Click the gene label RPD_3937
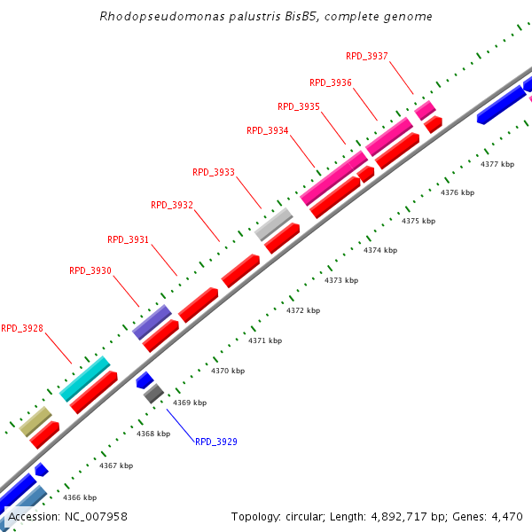(366, 56)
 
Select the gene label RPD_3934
(267, 130)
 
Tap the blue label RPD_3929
(216, 442)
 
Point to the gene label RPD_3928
(22, 328)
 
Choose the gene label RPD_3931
(128, 239)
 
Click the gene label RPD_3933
(214, 172)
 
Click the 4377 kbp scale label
(497, 164)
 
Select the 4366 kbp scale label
(79, 497)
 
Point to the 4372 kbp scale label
(303, 310)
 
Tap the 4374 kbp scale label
(380, 250)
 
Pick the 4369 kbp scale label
(190, 403)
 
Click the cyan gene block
(84, 379)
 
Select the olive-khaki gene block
(35, 421)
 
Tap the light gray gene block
(273, 223)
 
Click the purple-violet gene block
(151, 322)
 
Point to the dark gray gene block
(153, 393)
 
